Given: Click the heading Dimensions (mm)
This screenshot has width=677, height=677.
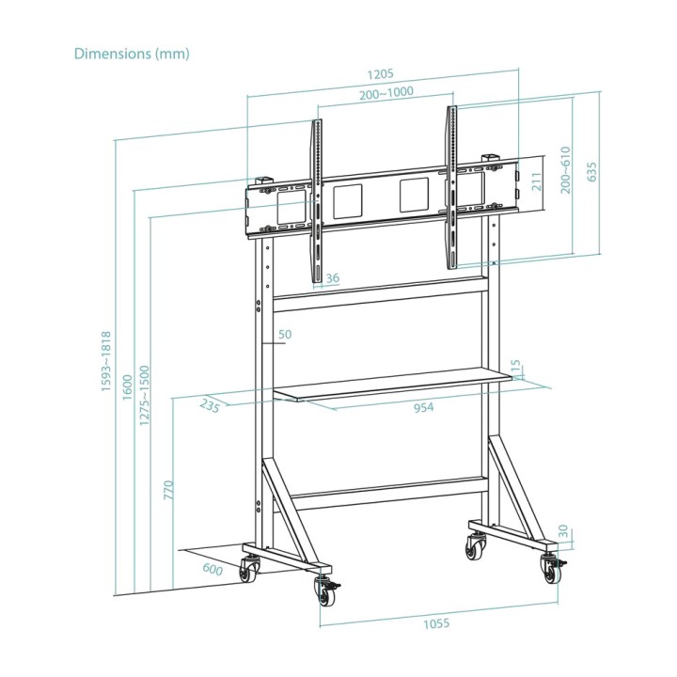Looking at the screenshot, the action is [x=132, y=54].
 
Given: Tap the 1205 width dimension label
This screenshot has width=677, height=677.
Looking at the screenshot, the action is [x=381, y=74].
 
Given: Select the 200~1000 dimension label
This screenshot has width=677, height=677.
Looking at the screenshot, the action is [x=386, y=93].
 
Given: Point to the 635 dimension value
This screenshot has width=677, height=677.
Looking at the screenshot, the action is [x=591, y=172].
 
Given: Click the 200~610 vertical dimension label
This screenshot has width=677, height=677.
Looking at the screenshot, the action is [x=565, y=170].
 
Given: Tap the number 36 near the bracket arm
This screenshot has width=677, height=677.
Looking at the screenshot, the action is [x=333, y=278].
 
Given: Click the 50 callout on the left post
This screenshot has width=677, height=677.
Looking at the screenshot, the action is [x=285, y=334].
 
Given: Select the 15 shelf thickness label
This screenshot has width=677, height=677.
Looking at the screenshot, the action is [x=515, y=367].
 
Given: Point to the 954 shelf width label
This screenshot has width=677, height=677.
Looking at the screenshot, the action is [x=423, y=407].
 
